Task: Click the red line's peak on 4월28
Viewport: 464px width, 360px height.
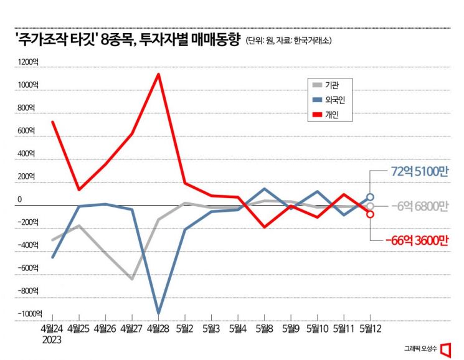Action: [159, 74]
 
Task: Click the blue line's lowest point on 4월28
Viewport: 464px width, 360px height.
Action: [159, 313]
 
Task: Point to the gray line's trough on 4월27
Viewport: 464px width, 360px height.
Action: [132, 278]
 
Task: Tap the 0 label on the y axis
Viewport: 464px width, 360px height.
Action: [19, 200]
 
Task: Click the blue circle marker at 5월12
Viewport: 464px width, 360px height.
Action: [370, 197]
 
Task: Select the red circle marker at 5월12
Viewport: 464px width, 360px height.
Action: [370, 214]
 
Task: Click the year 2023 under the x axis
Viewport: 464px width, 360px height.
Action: [52, 340]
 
